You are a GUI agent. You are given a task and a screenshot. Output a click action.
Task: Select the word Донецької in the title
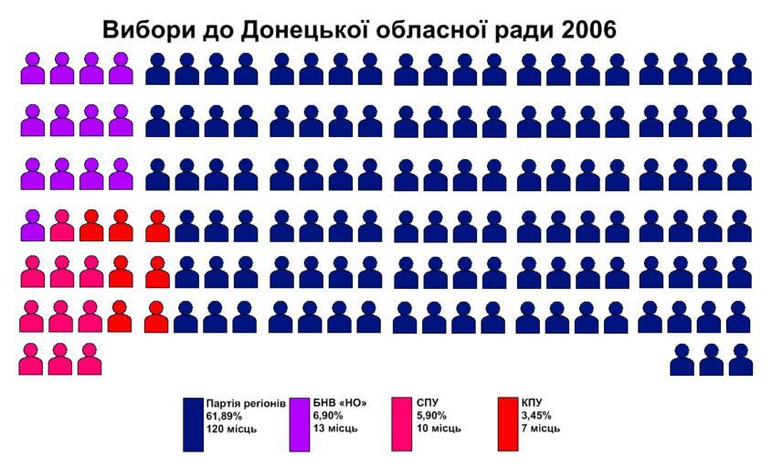coord(298,29)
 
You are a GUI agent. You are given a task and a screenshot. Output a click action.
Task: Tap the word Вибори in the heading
coord(143,29)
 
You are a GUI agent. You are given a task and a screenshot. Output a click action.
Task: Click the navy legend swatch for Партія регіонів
coord(193,424)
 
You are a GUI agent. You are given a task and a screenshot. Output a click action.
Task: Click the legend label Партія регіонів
coord(247,402)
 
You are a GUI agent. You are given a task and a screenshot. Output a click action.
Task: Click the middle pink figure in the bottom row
coord(60,359)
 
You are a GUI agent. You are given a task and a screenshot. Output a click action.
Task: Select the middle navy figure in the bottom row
coord(711,359)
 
